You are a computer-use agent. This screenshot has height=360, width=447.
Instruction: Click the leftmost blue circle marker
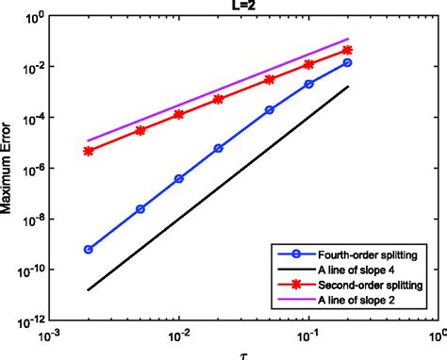click(x=88, y=250)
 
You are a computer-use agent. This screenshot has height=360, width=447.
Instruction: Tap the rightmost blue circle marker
click(x=348, y=62)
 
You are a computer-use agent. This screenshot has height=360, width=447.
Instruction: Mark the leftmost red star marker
click(x=88, y=151)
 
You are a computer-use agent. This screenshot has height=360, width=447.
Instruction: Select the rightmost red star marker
click(x=348, y=50)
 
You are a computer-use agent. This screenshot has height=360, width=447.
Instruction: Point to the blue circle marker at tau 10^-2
click(x=178, y=178)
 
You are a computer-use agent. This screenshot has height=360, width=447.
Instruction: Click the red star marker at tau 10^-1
click(x=309, y=65)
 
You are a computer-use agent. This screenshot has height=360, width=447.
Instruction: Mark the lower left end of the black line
click(x=88, y=289)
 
